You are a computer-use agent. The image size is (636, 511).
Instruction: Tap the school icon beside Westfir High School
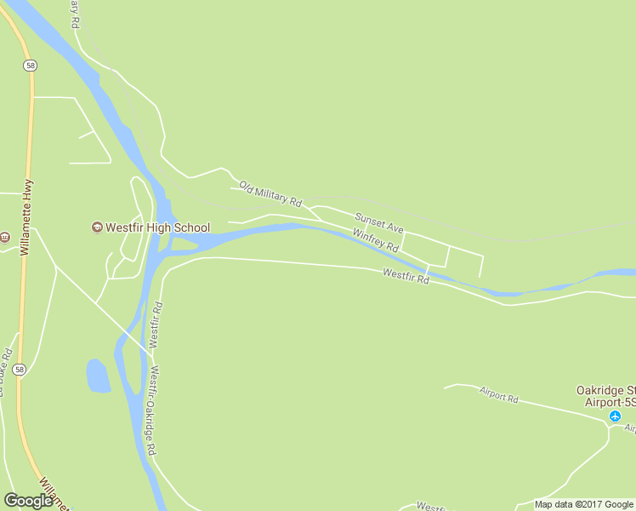(97, 227)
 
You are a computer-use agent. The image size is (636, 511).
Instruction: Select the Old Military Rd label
(270, 194)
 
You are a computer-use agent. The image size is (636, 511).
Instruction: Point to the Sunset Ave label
(379, 223)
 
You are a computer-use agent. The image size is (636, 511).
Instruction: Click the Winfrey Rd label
(376, 240)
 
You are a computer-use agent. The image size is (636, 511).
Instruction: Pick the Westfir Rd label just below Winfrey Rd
(406, 276)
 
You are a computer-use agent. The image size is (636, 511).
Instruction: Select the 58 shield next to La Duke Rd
(20, 370)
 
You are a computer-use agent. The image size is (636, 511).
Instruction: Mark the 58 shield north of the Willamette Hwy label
(30, 65)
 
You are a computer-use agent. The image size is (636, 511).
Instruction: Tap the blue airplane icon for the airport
(616, 416)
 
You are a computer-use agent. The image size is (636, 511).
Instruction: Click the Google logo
(28, 501)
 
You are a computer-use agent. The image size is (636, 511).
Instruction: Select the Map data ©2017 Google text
(584, 504)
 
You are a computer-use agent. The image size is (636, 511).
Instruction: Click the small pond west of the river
(98, 376)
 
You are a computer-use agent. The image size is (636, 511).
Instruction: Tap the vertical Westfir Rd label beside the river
(156, 324)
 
